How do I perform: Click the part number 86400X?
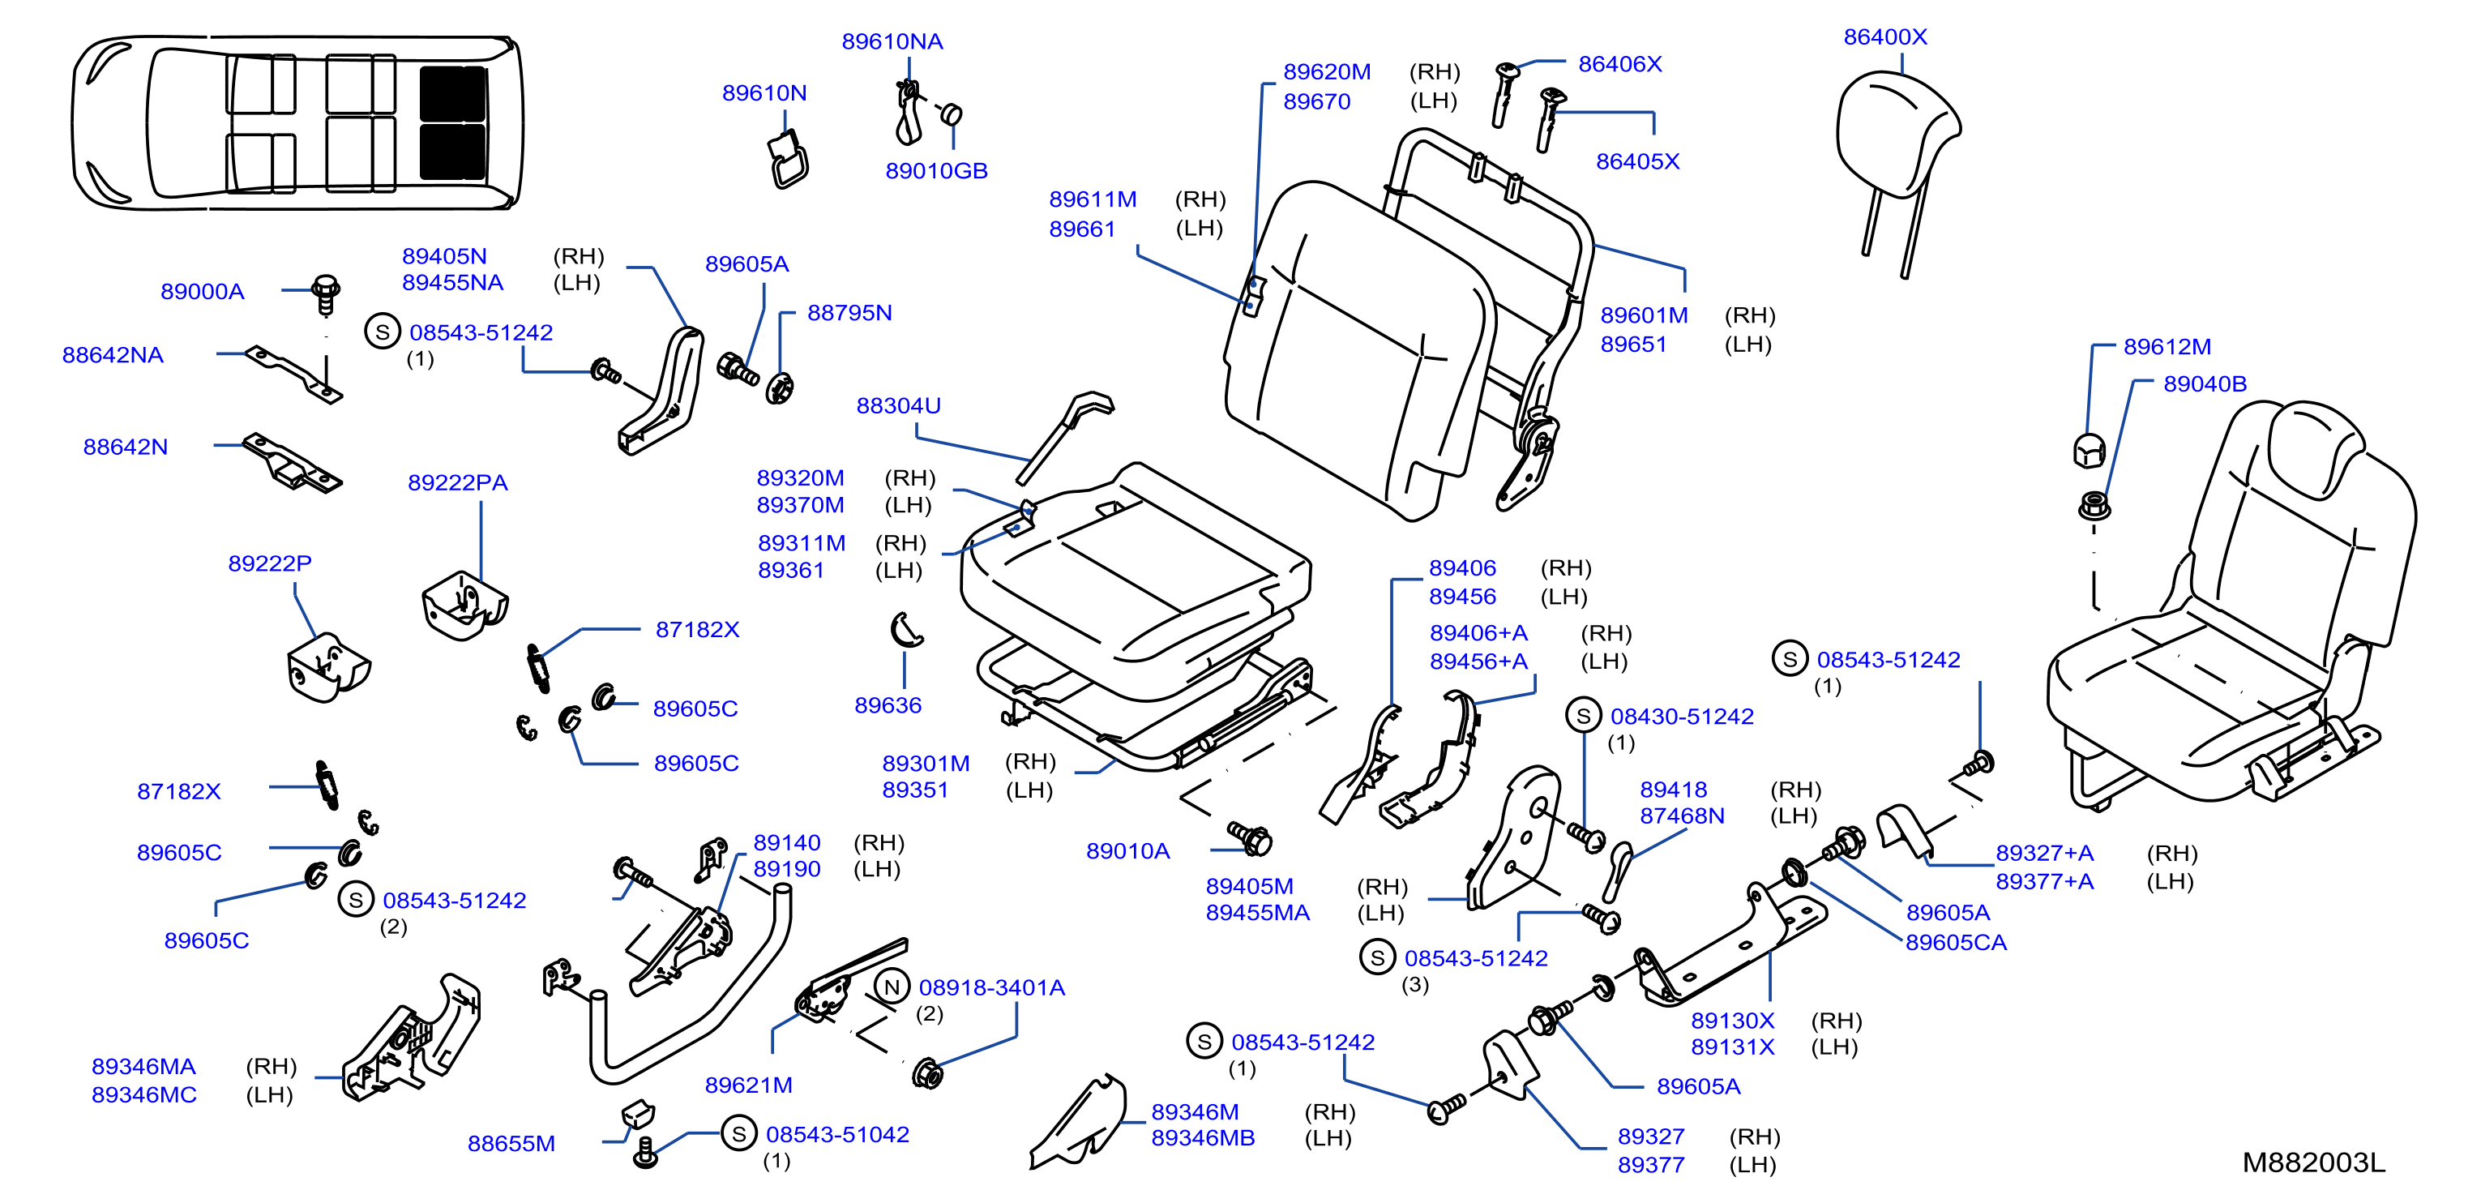1884,36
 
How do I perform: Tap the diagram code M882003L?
2313,1162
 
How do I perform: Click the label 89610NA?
892,41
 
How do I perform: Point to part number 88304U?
899,405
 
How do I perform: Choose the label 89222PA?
457,482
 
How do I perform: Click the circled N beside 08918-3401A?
892,987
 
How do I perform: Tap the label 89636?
888,705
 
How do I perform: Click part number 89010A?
1127,850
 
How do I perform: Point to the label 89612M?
2167,347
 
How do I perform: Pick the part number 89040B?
2205,383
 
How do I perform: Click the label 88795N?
849,313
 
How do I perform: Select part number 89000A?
203,291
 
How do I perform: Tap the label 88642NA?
113,354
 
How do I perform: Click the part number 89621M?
748,1085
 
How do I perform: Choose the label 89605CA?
1956,942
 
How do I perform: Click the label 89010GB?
936,170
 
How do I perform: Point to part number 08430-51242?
1682,717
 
